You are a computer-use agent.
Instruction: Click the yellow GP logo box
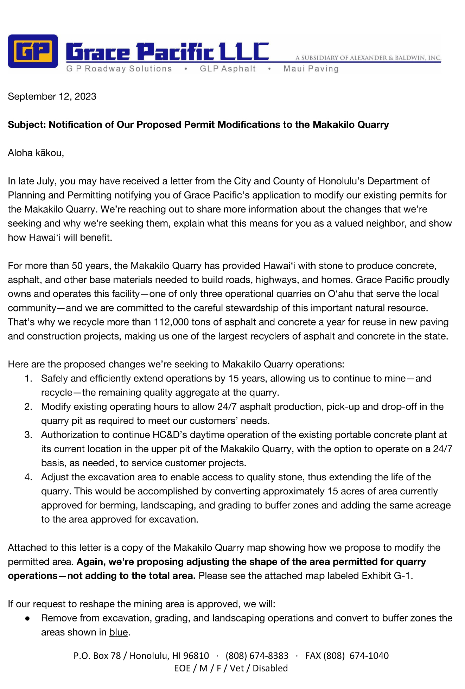coord(33,51)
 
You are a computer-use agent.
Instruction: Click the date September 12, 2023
coord(52,96)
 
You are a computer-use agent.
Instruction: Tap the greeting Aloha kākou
coord(36,153)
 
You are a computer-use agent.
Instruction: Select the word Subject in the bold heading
coord(26,125)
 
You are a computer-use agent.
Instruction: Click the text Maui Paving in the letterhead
coord(311,69)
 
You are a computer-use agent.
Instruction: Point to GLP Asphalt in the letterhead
coord(228,69)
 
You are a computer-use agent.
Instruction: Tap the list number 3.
coord(28,435)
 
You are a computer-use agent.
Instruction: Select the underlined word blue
coord(118,632)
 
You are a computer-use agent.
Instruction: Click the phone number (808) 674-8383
coord(257,656)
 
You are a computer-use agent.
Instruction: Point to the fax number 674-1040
coord(369,656)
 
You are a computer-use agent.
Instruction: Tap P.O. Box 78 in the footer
coord(97,656)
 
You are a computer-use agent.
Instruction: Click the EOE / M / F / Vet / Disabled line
coord(231,668)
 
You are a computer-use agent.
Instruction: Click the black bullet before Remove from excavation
coord(27,619)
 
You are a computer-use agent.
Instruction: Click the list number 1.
coord(28,379)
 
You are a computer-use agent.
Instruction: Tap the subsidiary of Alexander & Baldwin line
coord(368,58)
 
